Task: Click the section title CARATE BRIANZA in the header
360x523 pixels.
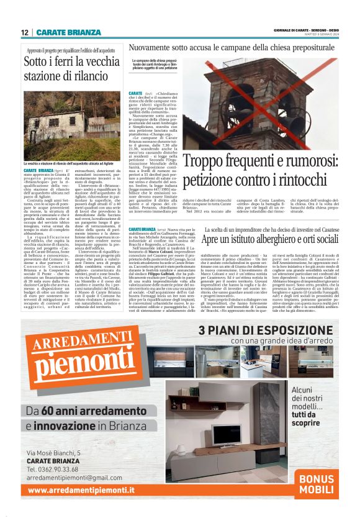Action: (68, 32)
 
